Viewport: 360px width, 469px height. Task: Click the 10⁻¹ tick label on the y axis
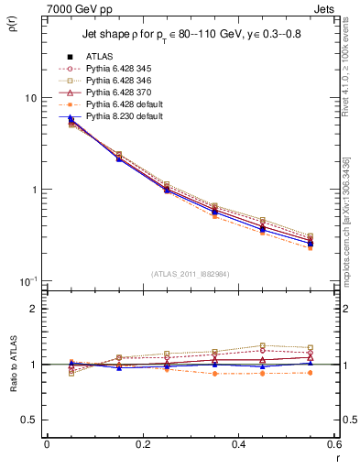pyautogui.click(x=27, y=280)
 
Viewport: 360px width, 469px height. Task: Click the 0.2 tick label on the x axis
pyautogui.click(x=143, y=443)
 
